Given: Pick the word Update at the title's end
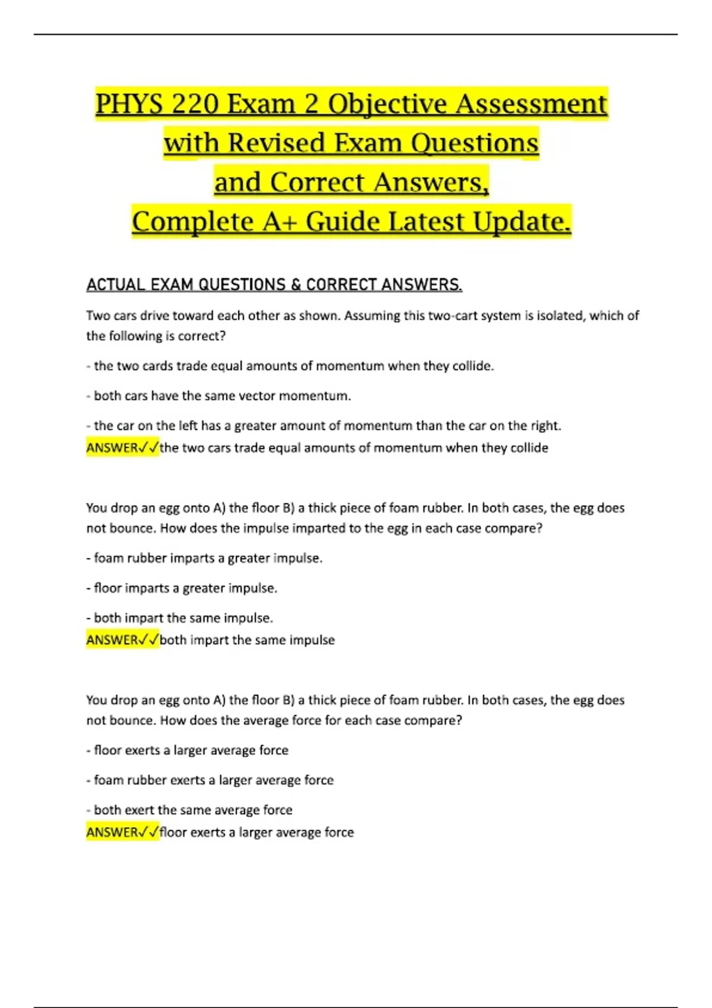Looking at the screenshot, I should coord(522,222).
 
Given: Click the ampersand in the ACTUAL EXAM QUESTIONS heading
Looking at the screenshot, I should coord(295,285).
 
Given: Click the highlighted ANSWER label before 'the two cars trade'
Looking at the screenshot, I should coord(112,448).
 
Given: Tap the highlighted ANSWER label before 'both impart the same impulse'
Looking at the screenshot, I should coord(112,640).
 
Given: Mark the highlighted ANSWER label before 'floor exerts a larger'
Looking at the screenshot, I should coord(112,832).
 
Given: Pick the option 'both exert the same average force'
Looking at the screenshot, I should coord(193,810).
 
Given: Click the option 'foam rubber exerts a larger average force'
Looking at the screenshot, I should coord(214,780).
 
